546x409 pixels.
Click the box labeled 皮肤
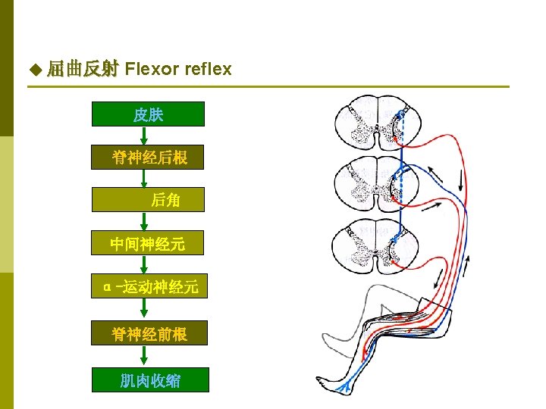click(x=148, y=114)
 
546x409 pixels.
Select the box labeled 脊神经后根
click(x=148, y=158)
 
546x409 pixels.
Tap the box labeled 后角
click(x=148, y=200)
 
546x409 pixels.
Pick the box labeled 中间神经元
click(x=148, y=244)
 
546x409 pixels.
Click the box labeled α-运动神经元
click(x=148, y=287)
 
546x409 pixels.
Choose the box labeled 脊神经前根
click(x=148, y=333)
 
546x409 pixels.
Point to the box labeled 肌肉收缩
click(x=148, y=380)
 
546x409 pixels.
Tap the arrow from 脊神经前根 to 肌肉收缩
click(x=144, y=356)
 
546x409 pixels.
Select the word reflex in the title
click(x=207, y=70)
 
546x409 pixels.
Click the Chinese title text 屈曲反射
click(x=82, y=70)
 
